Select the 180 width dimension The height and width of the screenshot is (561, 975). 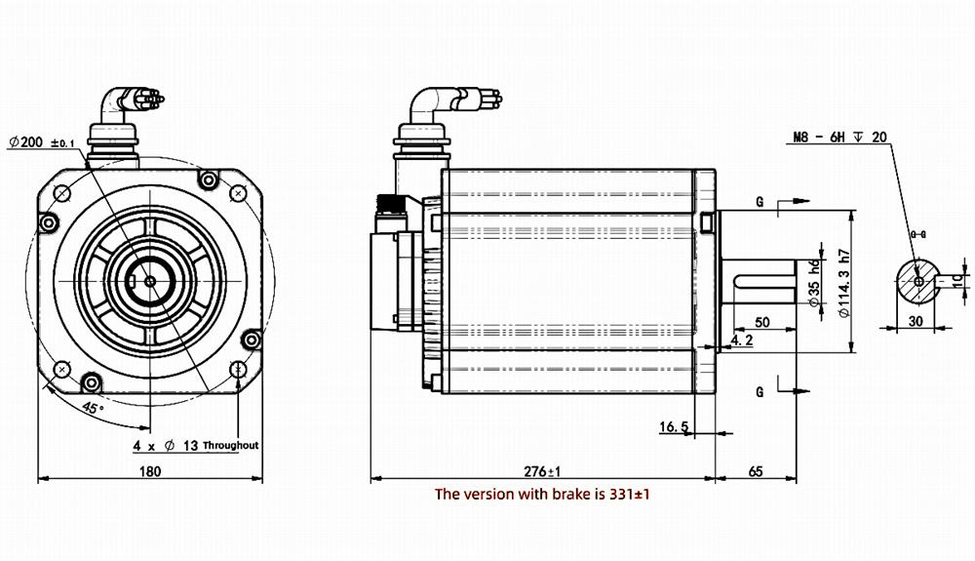click(149, 471)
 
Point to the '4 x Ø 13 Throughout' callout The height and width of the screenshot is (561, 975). click(195, 445)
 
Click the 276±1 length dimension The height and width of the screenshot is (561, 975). click(541, 471)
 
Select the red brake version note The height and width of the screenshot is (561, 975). click(542, 495)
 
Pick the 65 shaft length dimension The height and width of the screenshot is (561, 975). click(756, 471)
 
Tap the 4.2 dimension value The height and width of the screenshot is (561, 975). click(741, 340)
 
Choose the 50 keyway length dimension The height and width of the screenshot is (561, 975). click(762, 321)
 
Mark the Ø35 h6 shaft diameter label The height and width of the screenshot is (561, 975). click(814, 284)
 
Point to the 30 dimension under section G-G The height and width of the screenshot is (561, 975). click(915, 319)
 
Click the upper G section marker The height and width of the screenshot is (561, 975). click(759, 202)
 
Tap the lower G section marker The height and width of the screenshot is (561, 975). click(759, 390)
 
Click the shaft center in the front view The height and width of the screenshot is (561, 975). click(149, 281)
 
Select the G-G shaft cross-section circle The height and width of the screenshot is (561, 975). click(917, 280)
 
